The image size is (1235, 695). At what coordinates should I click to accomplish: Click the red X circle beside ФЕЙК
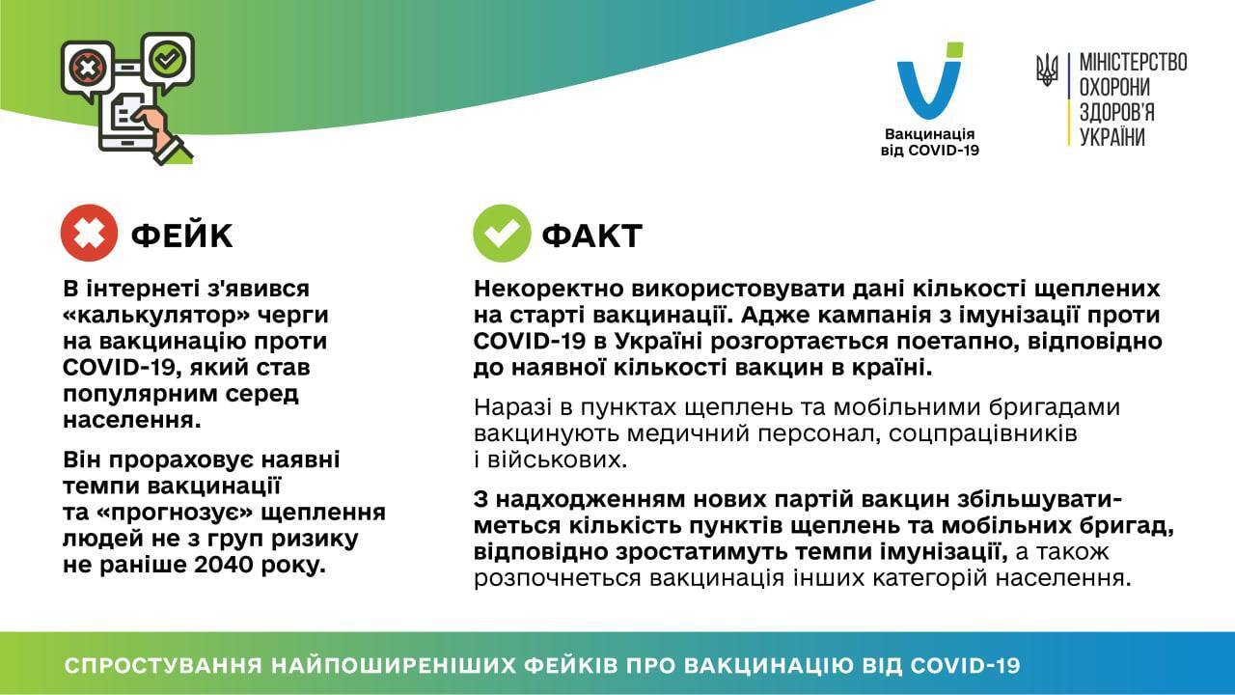pos(90,234)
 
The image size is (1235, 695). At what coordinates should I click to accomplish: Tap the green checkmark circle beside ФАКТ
pos(501,234)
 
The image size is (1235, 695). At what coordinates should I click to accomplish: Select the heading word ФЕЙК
pos(181,235)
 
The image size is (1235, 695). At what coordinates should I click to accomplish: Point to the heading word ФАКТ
pos(591,235)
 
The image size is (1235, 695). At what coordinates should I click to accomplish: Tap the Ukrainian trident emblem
pos(1047,70)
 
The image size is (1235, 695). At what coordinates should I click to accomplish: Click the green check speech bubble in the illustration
pos(168,59)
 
